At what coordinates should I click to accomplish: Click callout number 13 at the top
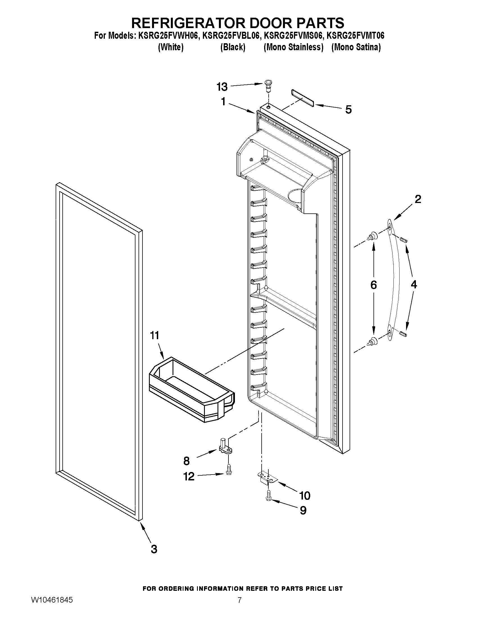pyautogui.click(x=222, y=87)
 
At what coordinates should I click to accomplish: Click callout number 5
pyautogui.click(x=348, y=110)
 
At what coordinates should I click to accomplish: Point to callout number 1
pyautogui.click(x=223, y=102)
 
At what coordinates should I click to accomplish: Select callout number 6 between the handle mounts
pyautogui.click(x=373, y=285)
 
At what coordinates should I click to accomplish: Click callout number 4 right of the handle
pyautogui.click(x=414, y=284)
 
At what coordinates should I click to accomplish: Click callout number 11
pyautogui.click(x=155, y=336)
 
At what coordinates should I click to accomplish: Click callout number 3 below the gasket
pyautogui.click(x=154, y=549)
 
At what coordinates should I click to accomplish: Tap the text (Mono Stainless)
pyautogui.click(x=293, y=47)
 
